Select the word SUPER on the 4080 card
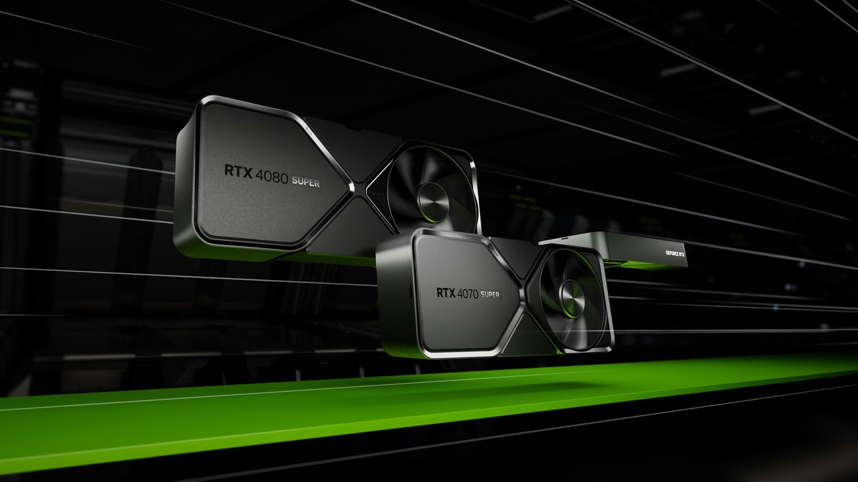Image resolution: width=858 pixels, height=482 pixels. pyautogui.click(x=305, y=182)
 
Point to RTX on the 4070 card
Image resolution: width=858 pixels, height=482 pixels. pyautogui.click(x=446, y=293)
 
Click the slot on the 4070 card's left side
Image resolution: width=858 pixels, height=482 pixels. pyautogui.click(x=410, y=292)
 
